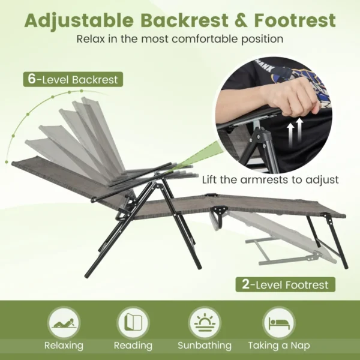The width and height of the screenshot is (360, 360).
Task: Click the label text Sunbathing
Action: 205,346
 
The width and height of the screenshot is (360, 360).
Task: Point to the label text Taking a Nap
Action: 280,346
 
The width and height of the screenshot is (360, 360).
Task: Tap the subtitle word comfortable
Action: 205,40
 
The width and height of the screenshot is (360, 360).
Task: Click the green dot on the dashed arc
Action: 12,162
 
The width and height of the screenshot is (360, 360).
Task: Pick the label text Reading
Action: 133,346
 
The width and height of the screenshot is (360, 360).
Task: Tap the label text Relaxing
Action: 64,346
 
